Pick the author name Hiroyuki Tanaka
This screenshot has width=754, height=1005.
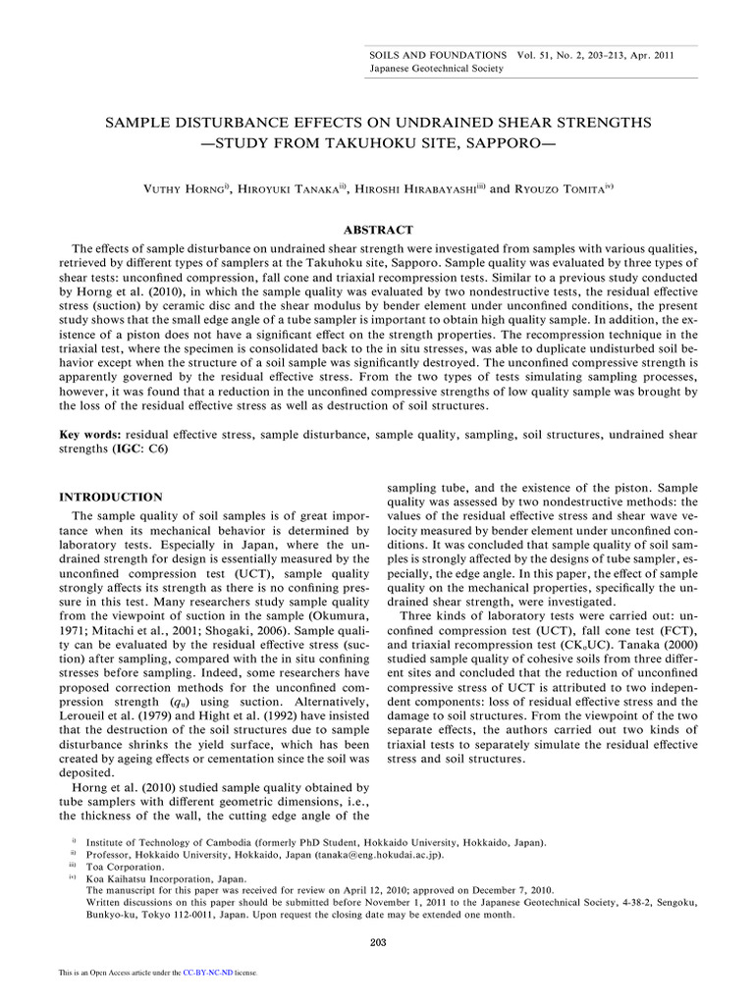288,188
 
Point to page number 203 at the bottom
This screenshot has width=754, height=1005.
378,943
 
